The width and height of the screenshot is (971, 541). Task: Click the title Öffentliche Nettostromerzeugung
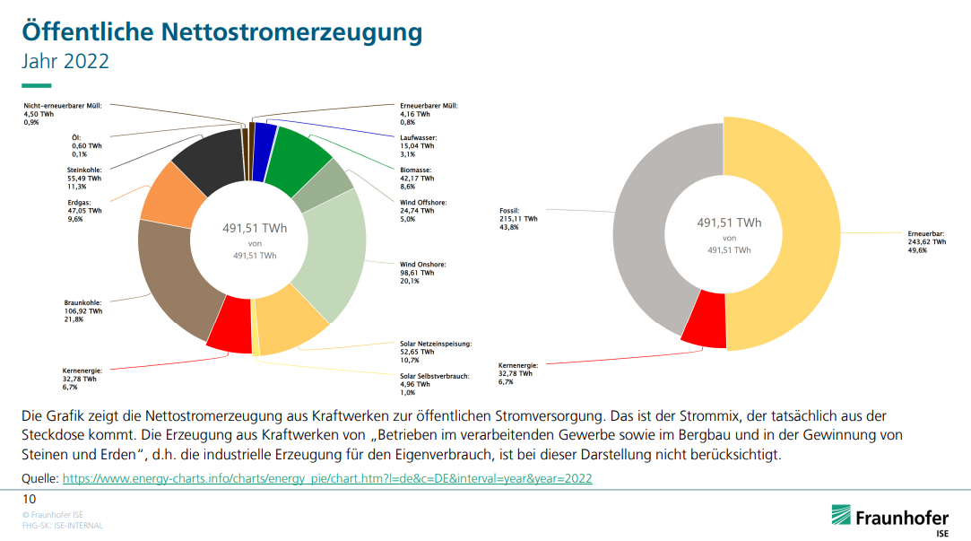221,31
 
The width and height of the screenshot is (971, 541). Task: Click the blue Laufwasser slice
264,139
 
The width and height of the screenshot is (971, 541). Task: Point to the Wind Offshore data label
422,211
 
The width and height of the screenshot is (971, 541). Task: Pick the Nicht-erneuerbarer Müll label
62,114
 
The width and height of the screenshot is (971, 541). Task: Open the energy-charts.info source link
326,479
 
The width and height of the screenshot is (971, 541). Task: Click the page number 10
29,499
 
